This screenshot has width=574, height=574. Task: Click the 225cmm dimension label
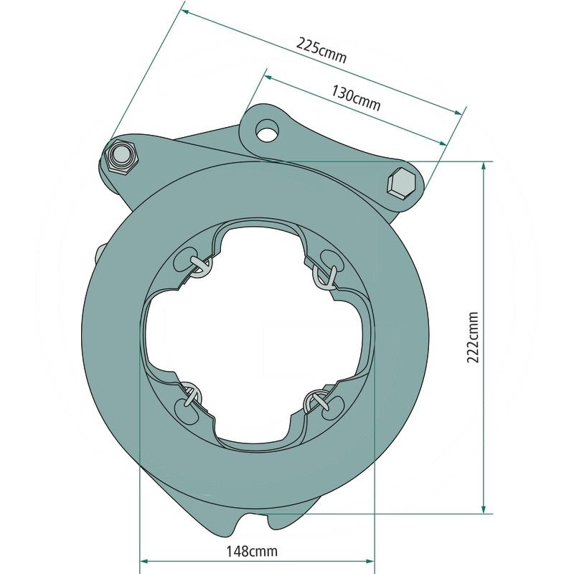tap(321, 50)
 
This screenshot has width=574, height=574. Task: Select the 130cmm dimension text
tap(356, 98)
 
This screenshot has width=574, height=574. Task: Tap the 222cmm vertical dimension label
tap(473, 337)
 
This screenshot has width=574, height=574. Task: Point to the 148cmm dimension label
tap(252, 550)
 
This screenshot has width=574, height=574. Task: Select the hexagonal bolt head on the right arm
tap(401, 183)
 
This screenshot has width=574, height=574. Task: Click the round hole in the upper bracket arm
tap(267, 131)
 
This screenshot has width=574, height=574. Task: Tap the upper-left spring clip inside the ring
tap(200, 265)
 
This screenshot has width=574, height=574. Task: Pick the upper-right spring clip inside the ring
tap(325, 276)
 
